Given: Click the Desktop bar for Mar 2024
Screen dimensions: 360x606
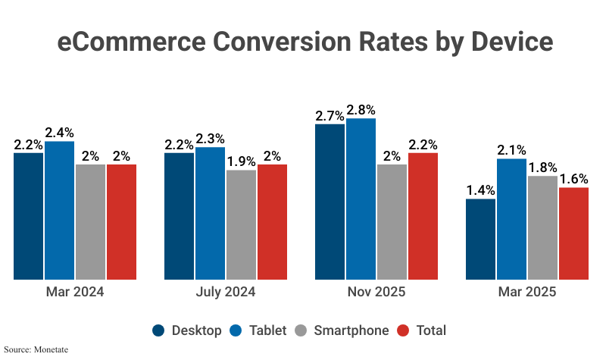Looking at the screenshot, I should [x=28, y=216].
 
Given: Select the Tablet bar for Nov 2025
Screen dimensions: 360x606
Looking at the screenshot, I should [x=361, y=199].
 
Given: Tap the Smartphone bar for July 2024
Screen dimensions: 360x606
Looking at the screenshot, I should [x=241, y=224].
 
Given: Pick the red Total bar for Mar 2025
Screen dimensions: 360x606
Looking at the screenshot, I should [x=573, y=233].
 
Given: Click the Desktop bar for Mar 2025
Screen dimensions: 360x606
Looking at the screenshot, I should [x=480, y=239].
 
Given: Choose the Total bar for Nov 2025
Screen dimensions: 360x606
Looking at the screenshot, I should [x=423, y=216].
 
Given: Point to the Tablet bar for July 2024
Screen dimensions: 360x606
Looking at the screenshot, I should [x=210, y=213].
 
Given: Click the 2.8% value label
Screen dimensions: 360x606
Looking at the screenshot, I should [x=361, y=110].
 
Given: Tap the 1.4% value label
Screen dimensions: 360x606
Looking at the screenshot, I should [x=480, y=190].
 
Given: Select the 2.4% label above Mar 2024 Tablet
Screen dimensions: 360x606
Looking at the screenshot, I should [x=59, y=133].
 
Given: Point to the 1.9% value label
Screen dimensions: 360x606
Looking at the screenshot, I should [x=241, y=161].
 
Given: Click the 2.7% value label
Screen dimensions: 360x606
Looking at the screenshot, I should [x=330, y=116].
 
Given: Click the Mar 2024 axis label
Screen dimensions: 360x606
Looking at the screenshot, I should [x=74, y=292].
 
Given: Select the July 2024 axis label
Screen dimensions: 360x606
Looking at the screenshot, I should [x=225, y=292].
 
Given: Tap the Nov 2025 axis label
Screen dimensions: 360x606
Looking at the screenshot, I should [x=376, y=292].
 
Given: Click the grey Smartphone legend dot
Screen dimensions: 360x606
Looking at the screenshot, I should [x=301, y=330].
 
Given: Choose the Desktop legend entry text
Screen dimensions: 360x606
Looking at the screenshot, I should [x=197, y=330].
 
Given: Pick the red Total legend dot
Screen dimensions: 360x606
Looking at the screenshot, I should [x=403, y=330].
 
